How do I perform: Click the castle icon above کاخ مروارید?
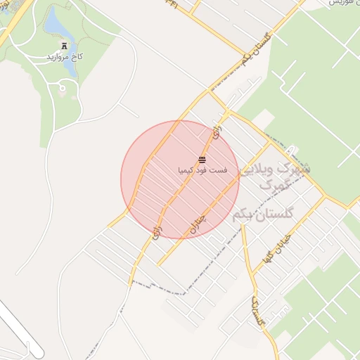point(64,44)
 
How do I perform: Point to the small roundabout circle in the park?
point(63,88)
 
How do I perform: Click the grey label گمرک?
point(274,186)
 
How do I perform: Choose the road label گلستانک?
point(259,310)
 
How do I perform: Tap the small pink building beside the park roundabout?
point(61,96)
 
